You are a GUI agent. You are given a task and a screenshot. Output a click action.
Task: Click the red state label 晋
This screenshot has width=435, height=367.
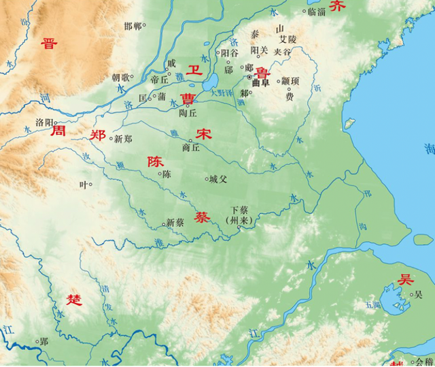pyautogui.click(x=49, y=44)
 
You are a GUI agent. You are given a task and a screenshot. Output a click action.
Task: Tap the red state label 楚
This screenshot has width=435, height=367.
pyautogui.click(x=75, y=299)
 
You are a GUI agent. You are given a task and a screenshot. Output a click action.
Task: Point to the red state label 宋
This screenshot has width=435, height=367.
pyautogui.click(x=203, y=134)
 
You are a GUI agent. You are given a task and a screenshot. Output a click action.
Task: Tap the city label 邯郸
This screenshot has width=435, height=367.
pyautogui.click(x=133, y=26)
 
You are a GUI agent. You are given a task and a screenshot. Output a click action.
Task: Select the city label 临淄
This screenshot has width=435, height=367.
pyautogui.click(x=316, y=12)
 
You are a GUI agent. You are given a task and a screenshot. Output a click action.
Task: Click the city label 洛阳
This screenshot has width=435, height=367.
pyautogui.click(x=43, y=122)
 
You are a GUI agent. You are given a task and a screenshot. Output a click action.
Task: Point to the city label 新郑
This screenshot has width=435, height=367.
pyautogui.click(x=123, y=139)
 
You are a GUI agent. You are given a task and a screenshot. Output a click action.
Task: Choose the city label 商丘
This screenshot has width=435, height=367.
pyautogui.click(x=191, y=147)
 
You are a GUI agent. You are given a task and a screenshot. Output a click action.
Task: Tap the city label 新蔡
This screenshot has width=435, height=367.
pyautogui.click(x=175, y=223)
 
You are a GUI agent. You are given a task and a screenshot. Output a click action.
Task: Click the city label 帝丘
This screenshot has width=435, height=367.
pyautogui.click(x=159, y=80)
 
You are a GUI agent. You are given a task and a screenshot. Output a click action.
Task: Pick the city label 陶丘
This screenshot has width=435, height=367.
pyautogui.click(x=188, y=114)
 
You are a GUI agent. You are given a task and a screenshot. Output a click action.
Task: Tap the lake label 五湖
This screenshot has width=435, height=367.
pyautogui.click(x=372, y=304)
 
